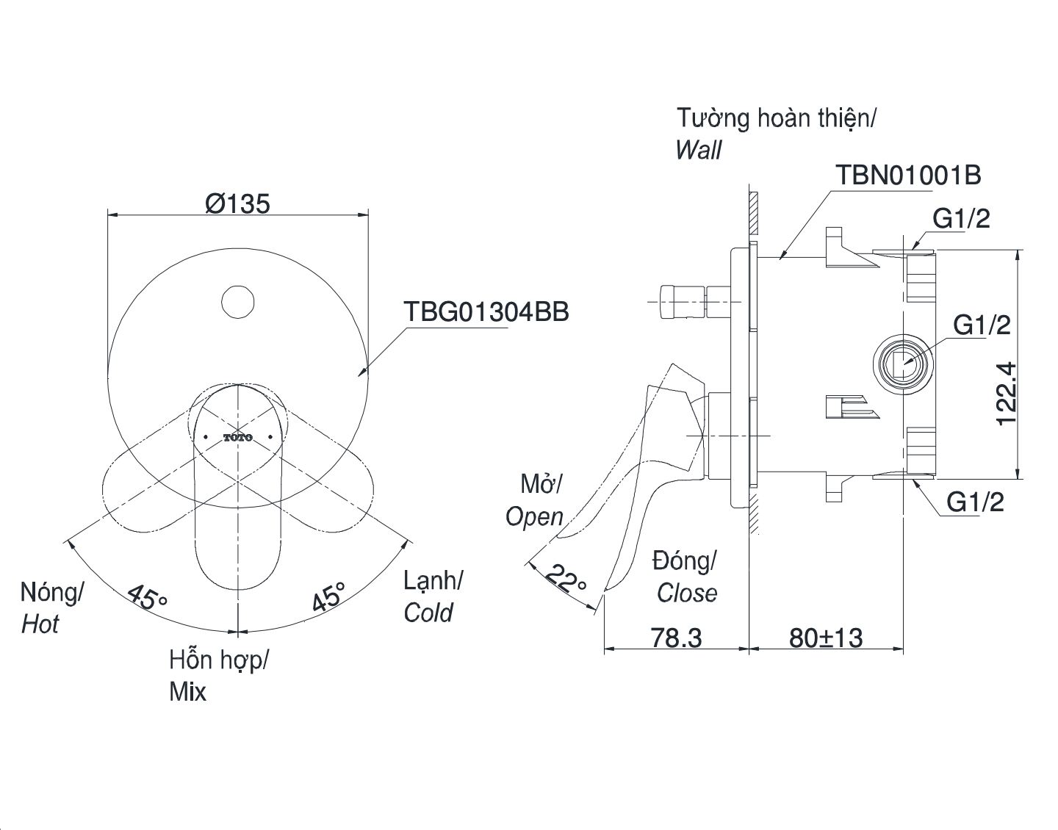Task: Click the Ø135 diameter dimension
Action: (237, 203)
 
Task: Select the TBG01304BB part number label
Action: (486, 312)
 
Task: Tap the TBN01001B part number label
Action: (908, 175)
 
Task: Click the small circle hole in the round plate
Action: (237, 302)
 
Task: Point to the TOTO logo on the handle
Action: (238, 437)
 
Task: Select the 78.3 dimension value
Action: (677, 638)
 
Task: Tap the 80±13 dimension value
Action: (826, 638)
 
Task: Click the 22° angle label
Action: (566, 579)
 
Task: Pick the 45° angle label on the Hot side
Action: (147, 597)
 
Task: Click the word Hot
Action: (40, 624)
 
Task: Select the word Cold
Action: (428, 613)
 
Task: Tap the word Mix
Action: (188, 691)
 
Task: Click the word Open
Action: (535, 518)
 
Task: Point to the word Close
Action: (687, 593)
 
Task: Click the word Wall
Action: (698, 150)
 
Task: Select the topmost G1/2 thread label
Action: (962, 219)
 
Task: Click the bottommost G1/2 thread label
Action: (975, 502)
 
